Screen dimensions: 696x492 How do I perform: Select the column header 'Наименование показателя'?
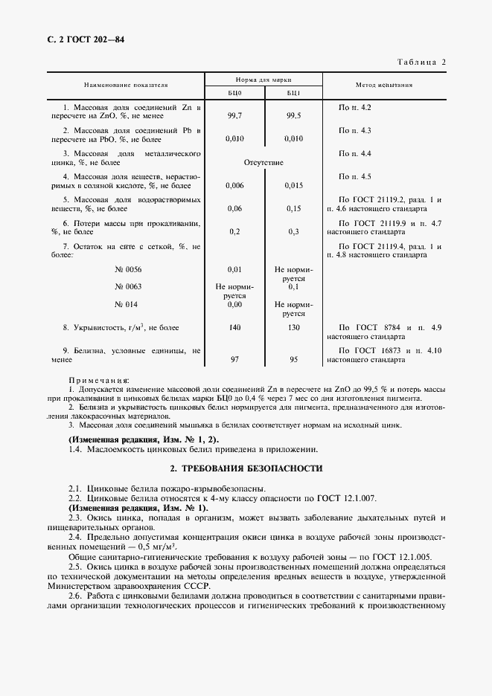point(126,86)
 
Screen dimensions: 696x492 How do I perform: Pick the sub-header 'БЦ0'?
point(234,93)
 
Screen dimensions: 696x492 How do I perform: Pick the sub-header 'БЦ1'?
point(293,93)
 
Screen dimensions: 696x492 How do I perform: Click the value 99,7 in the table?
point(234,117)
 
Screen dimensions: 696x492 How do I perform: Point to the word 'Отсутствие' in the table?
point(263,162)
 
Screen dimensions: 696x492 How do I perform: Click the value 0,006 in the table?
point(234,185)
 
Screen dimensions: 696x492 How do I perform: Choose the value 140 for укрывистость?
point(234,328)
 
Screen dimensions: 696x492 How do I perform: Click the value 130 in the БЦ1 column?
point(293,328)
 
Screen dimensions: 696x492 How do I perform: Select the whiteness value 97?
point(234,360)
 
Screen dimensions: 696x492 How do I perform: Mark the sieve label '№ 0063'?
point(128,286)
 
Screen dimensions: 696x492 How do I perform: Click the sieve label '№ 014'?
point(128,304)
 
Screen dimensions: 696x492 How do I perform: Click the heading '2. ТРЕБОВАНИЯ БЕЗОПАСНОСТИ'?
point(246,468)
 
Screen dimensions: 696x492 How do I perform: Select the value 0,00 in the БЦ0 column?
point(234,304)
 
